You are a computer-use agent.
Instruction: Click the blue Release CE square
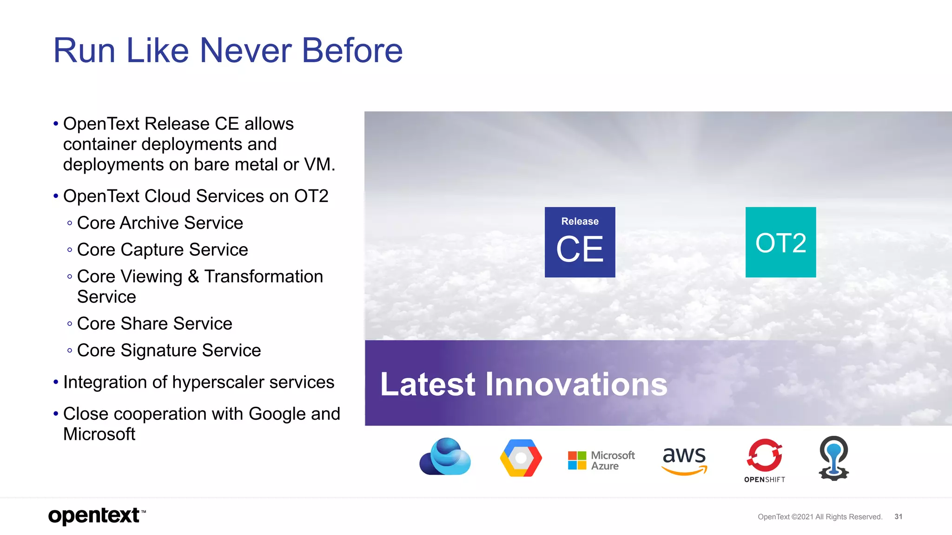point(580,242)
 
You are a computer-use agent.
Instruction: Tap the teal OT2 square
point(780,242)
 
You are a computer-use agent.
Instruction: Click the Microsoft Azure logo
point(601,460)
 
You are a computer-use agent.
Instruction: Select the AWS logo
point(684,459)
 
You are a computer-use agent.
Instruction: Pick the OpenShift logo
point(765,460)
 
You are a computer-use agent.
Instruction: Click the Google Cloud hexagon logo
point(521,458)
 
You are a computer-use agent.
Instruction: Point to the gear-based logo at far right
point(833,458)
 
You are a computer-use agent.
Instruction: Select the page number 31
point(898,516)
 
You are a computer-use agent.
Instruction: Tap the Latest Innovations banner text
point(523,384)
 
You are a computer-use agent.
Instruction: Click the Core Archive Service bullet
point(159,223)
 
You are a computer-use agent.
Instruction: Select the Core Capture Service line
point(162,250)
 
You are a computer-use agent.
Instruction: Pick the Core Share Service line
point(154,324)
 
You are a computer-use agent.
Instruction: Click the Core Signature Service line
point(169,350)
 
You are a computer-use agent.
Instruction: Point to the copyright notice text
point(820,517)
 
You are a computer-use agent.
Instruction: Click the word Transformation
point(264,276)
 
